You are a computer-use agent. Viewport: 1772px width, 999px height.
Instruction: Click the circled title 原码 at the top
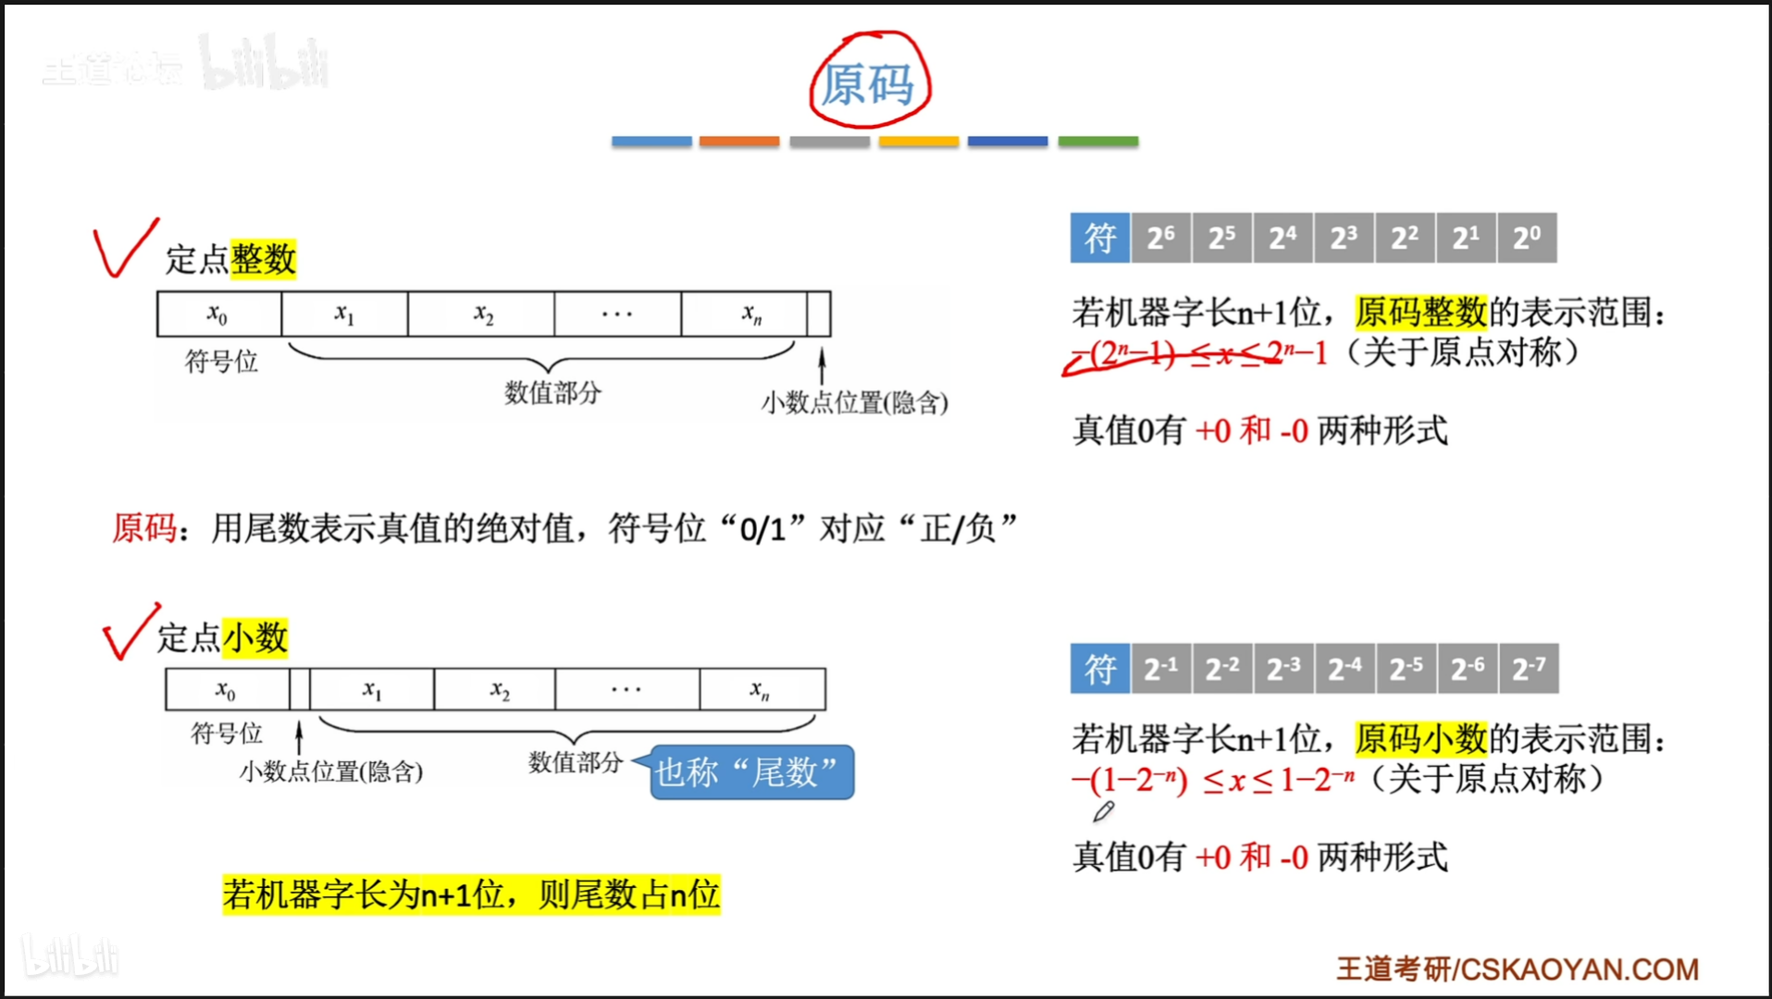click(x=868, y=83)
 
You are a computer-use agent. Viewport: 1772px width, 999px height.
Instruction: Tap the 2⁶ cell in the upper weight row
click(x=1160, y=239)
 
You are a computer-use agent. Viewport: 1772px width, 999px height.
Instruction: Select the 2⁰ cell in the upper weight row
click(x=1527, y=239)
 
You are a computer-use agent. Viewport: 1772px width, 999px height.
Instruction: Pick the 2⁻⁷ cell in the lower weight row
click(x=1529, y=668)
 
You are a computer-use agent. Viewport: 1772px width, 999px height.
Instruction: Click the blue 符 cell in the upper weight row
click(x=1100, y=239)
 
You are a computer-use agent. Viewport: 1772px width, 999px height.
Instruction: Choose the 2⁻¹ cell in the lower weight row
click(x=1161, y=668)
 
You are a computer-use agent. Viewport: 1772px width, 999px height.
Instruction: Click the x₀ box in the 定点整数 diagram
click(x=218, y=314)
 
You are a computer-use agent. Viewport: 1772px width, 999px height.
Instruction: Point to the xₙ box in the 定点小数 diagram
click(x=762, y=690)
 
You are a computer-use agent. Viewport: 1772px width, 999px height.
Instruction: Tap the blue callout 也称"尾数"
click(x=750, y=772)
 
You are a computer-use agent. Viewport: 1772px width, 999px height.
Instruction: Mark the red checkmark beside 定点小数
click(x=130, y=632)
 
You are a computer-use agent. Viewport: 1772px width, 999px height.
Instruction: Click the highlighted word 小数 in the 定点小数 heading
click(x=255, y=637)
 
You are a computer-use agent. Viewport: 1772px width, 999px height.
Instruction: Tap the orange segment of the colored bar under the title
click(x=739, y=142)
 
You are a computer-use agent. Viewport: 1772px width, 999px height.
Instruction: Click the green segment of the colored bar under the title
click(x=1097, y=142)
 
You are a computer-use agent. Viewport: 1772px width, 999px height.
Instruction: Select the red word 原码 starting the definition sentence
click(x=144, y=528)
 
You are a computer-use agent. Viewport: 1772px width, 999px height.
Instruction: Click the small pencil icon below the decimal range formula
click(x=1103, y=812)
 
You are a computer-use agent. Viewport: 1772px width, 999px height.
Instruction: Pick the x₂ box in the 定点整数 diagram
click(x=482, y=314)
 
